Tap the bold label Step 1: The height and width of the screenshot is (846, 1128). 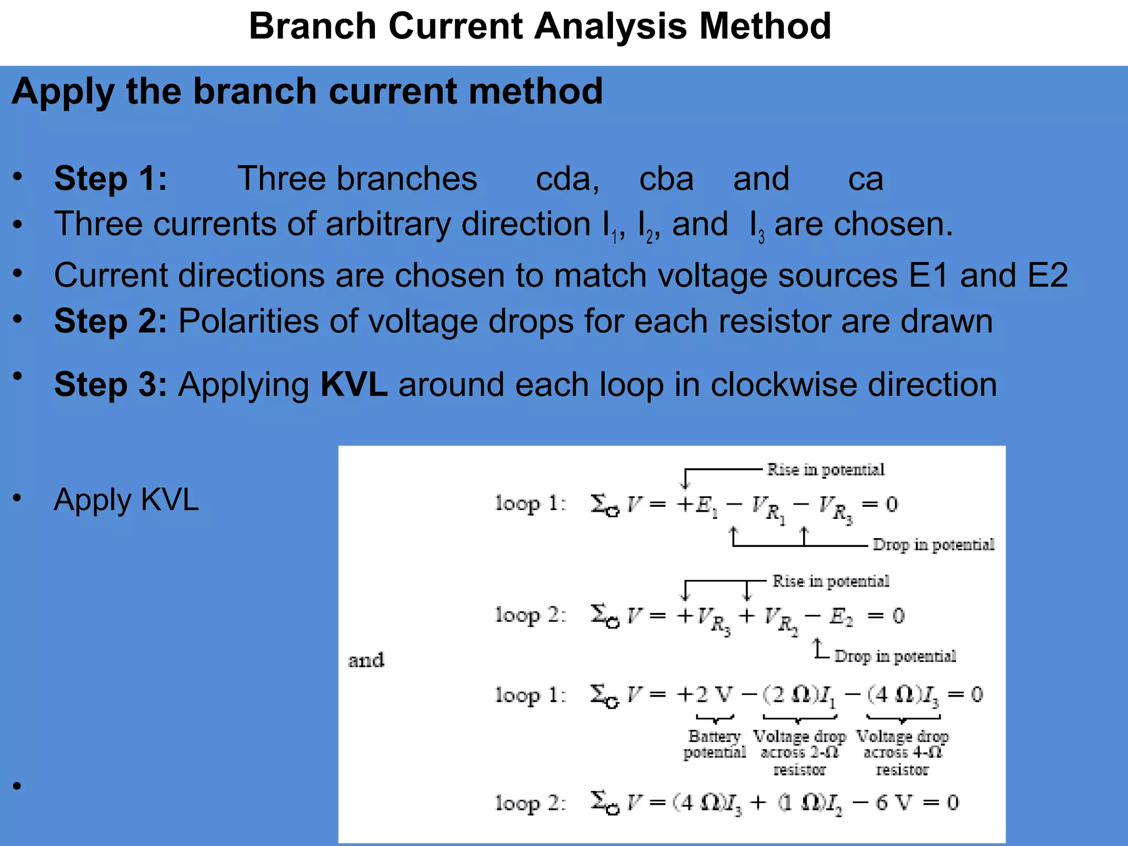click(x=110, y=178)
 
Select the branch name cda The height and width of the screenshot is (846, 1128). click(x=567, y=178)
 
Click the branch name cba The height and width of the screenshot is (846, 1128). click(x=666, y=178)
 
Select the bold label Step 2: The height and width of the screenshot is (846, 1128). click(x=110, y=321)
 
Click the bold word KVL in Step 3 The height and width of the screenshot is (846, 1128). click(x=354, y=384)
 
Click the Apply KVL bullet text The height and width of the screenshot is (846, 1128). click(x=126, y=500)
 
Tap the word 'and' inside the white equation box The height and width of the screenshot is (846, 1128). click(x=366, y=660)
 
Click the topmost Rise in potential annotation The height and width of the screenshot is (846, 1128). click(x=825, y=469)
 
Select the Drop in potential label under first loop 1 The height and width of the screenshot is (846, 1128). click(x=933, y=545)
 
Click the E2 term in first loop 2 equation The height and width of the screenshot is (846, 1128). click(x=840, y=616)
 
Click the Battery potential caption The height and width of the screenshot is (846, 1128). click(x=714, y=744)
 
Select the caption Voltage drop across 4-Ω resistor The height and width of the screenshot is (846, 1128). click(x=902, y=752)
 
